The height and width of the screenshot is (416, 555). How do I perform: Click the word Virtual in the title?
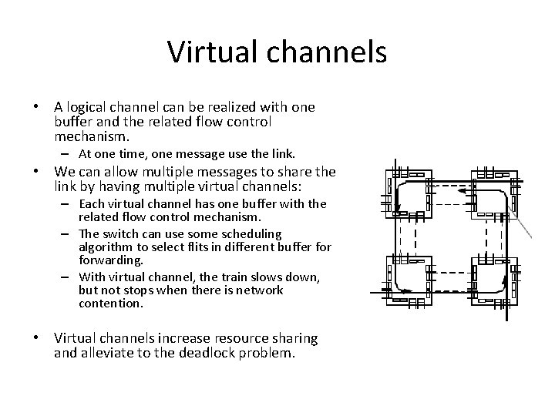tap(203, 52)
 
